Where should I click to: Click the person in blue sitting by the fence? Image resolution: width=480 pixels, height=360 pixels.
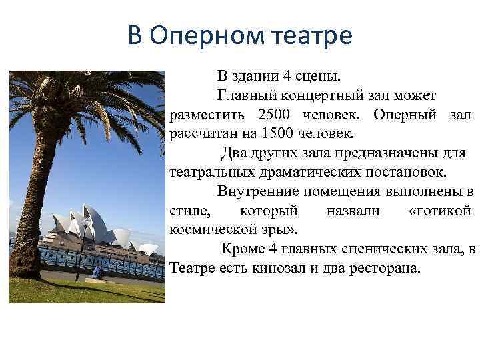[97, 271]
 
